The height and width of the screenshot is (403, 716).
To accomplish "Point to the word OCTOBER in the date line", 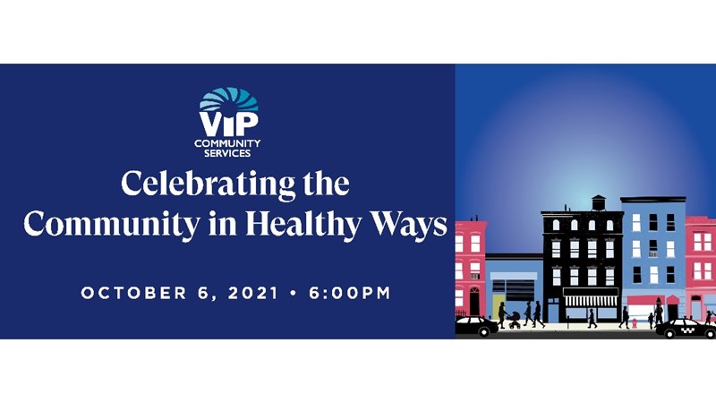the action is pyautogui.click(x=133, y=293).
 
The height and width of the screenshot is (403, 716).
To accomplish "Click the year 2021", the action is pyautogui.click(x=253, y=293).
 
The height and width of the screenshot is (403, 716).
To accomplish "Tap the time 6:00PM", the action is pyautogui.click(x=350, y=293).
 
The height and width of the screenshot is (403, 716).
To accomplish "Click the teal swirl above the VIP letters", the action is pyautogui.click(x=229, y=99).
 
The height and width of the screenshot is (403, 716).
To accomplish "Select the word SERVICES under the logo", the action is pyautogui.click(x=227, y=153).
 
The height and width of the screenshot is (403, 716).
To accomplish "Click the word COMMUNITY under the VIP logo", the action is pyautogui.click(x=227, y=143).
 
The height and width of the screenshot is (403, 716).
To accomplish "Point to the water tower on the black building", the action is pyautogui.click(x=598, y=202).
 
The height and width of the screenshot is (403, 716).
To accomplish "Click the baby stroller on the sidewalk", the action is pyautogui.click(x=514, y=321).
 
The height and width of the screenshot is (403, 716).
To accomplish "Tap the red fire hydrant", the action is pyautogui.click(x=635, y=323).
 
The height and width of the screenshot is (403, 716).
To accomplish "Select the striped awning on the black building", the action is pyautogui.click(x=591, y=300).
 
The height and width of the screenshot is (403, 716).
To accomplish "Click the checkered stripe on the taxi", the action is pyautogui.click(x=687, y=329).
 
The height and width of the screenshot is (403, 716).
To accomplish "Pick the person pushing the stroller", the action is pyautogui.click(x=502, y=315).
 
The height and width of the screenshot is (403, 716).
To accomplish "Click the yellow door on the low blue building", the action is pyautogui.click(x=497, y=306).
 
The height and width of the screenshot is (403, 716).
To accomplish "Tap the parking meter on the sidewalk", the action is pyautogui.click(x=567, y=322).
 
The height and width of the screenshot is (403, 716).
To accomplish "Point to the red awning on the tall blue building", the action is pyautogui.click(x=645, y=300).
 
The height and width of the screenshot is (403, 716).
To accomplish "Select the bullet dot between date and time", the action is pyautogui.click(x=294, y=293).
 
